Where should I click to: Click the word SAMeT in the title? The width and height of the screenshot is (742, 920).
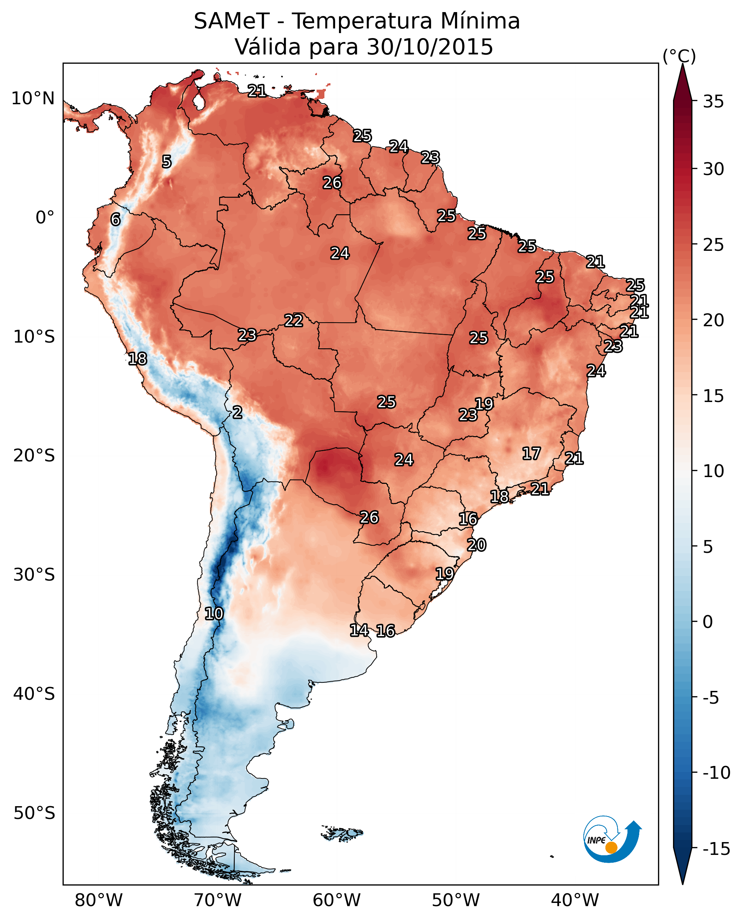click(x=231, y=21)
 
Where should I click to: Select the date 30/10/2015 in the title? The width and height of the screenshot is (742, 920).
click(x=430, y=47)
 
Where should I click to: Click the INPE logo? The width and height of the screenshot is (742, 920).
click(x=612, y=838)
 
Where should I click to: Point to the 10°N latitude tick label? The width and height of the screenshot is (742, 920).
click(x=33, y=99)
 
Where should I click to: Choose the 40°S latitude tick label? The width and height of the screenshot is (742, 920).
click(x=34, y=693)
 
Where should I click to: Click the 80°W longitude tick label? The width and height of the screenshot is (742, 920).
click(x=99, y=900)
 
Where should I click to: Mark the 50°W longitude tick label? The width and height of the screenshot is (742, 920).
click(x=456, y=900)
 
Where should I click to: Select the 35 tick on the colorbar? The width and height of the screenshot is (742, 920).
click(x=713, y=102)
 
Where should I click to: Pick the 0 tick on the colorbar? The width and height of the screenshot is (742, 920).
click(x=708, y=622)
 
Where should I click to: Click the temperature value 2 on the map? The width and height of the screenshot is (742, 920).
click(x=238, y=413)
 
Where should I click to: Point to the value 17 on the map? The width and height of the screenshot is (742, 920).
click(x=531, y=454)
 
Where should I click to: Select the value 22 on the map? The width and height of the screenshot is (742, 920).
click(x=294, y=320)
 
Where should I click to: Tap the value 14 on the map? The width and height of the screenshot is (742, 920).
click(x=359, y=630)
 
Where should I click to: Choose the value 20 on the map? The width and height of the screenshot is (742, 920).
click(x=477, y=545)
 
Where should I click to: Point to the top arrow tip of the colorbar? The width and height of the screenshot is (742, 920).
click(x=683, y=65)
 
